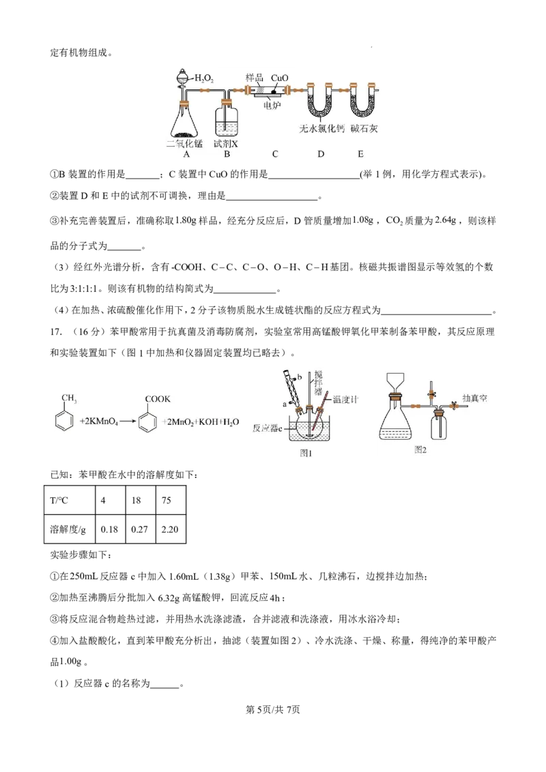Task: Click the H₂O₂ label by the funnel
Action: point(205,78)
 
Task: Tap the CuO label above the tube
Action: point(280,78)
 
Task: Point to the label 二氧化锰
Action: point(185,144)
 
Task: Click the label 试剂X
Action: point(226,144)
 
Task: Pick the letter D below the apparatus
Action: point(321,154)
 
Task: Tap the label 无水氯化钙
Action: point(321,128)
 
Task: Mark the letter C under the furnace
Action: point(274,154)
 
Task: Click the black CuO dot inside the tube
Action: point(274,91)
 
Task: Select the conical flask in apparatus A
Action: point(186,121)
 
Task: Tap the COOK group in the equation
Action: point(158,399)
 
